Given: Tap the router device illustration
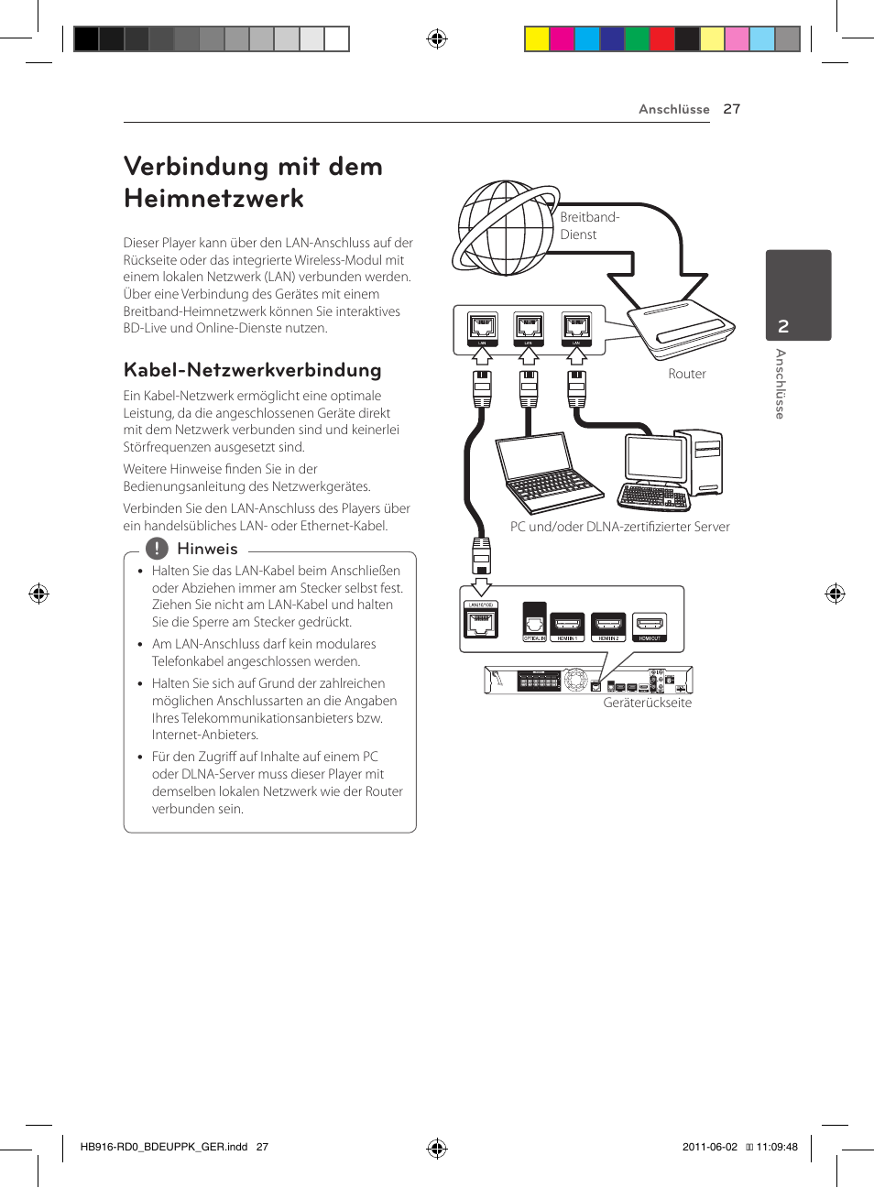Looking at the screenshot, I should pyautogui.click(x=681, y=329).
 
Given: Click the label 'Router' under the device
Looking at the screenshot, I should pyautogui.click(x=687, y=374).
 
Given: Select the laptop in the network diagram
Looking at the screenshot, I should pyautogui.click(x=548, y=473).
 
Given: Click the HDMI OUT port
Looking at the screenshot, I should pyautogui.click(x=650, y=626).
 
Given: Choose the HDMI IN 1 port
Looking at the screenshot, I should pyautogui.click(x=567, y=626).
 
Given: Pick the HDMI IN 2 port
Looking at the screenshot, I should pyautogui.click(x=608, y=626).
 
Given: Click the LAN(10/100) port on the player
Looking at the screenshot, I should pyautogui.click(x=481, y=622).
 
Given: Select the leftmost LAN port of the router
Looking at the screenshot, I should pyautogui.click(x=482, y=327).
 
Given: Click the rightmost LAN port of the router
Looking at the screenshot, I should pyautogui.click(x=576, y=327).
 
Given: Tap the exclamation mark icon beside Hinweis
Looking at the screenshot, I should pyautogui.click(x=157, y=549).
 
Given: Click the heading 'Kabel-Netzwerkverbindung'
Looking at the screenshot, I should pyautogui.click(x=252, y=370).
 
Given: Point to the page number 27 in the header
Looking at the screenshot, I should pyautogui.click(x=731, y=109).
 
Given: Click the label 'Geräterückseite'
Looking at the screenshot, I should pyautogui.click(x=647, y=703).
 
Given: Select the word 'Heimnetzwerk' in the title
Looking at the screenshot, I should pyautogui.click(x=213, y=199).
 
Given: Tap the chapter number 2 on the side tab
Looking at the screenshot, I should pyautogui.click(x=783, y=326).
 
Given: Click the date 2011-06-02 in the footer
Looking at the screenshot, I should pyautogui.click(x=709, y=1147).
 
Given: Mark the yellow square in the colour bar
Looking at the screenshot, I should pyautogui.click(x=537, y=38).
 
